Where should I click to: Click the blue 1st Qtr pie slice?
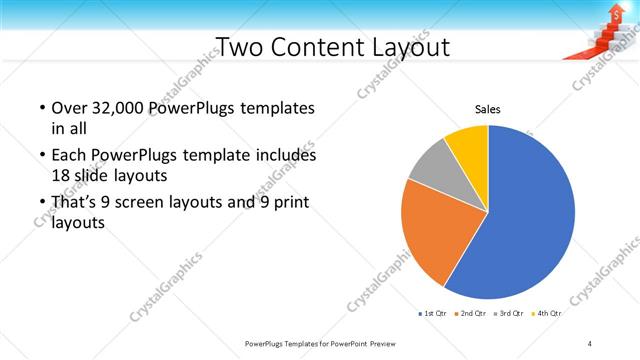tap(530, 215)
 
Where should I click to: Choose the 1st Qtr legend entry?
tap(433, 314)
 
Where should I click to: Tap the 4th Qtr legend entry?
tap(548, 314)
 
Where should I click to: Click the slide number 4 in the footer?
tap(590, 343)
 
